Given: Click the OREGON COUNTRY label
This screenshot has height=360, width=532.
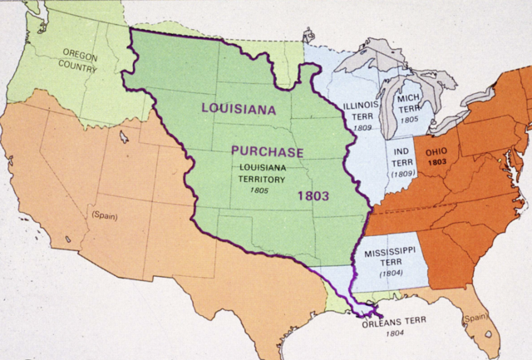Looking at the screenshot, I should pyautogui.click(x=80, y=59).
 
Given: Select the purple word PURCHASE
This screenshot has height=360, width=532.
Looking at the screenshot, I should pyautogui.click(x=268, y=152).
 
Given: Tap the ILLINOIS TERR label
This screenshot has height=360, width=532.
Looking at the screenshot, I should pyautogui.click(x=362, y=112).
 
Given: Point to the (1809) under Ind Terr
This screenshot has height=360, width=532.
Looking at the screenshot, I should pyautogui.click(x=403, y=174).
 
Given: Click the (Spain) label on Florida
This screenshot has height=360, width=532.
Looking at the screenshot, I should pyautogui.click(x=475, y=317).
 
